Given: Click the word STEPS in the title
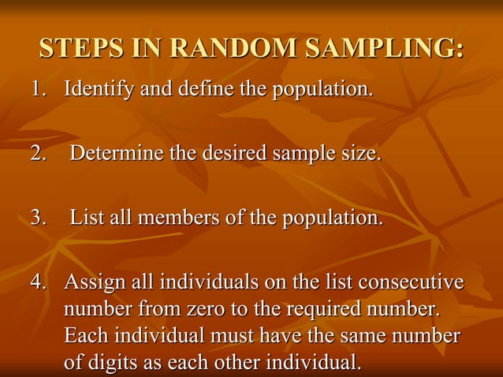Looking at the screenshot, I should point(76,49).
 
